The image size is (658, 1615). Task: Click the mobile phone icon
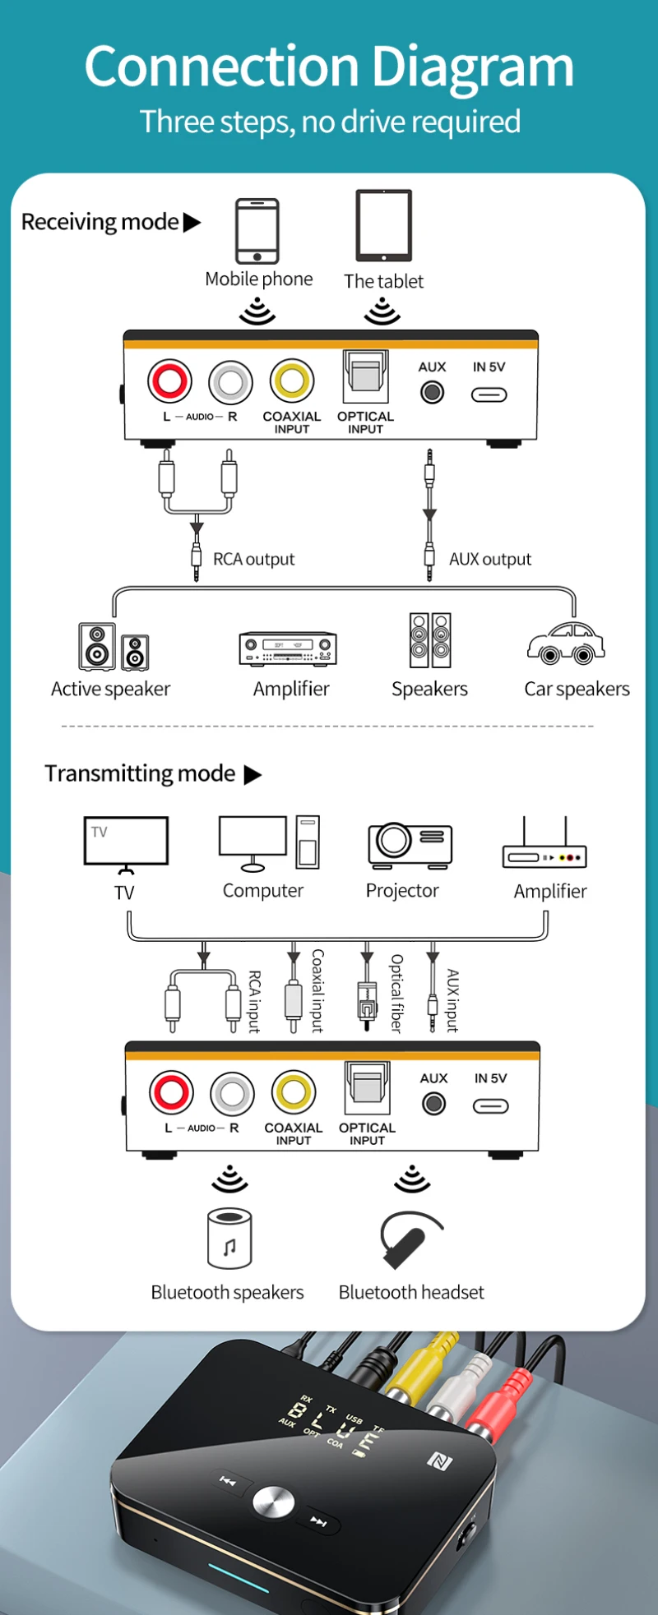[257, 231]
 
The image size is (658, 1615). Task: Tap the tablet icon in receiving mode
[383, 225]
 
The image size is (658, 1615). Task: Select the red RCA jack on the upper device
[169, 381]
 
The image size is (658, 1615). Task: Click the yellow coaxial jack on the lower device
[294, 1092]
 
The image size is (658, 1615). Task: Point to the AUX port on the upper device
[432, 392]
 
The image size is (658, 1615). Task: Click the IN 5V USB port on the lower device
[490, 1106]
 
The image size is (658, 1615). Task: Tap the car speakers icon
[566, 643]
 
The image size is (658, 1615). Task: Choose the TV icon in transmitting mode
[126, 843]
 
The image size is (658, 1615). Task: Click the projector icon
[410, 845]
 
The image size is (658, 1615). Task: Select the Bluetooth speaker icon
[229, 1239]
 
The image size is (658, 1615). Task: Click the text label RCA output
[253, 560]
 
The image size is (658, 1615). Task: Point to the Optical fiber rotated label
[396, 993]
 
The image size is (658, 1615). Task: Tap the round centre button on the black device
[273, 1502]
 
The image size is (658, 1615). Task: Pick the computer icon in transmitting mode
[268, 843]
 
